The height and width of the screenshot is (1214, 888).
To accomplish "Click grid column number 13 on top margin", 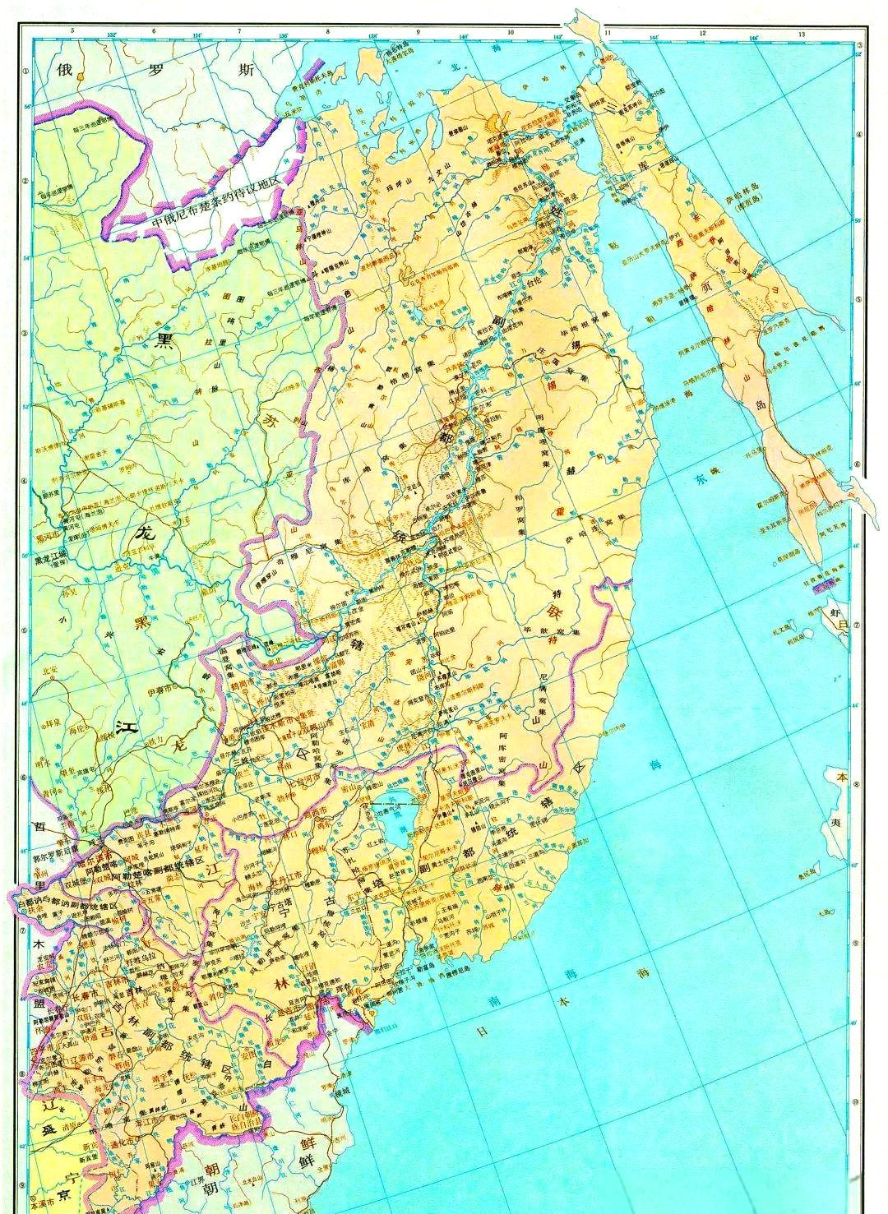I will tap(801, 32).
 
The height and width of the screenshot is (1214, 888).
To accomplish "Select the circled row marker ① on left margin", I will tap(25, 71).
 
